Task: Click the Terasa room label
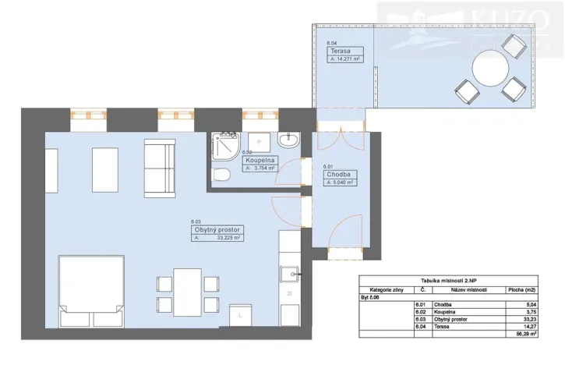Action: click(x=340, y=51)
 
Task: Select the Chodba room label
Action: click(x=337, y=175)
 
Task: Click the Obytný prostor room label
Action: click(x=216, y=230)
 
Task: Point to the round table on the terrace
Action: click(x=491, y=71)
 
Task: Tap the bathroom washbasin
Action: click(x=288, y=140)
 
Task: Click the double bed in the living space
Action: click(x=90, y=291)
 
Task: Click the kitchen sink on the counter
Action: click(x=288, y=275)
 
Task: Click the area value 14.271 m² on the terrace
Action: click(x=348, y=58)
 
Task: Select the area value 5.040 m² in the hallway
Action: click(x=342, y=182)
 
